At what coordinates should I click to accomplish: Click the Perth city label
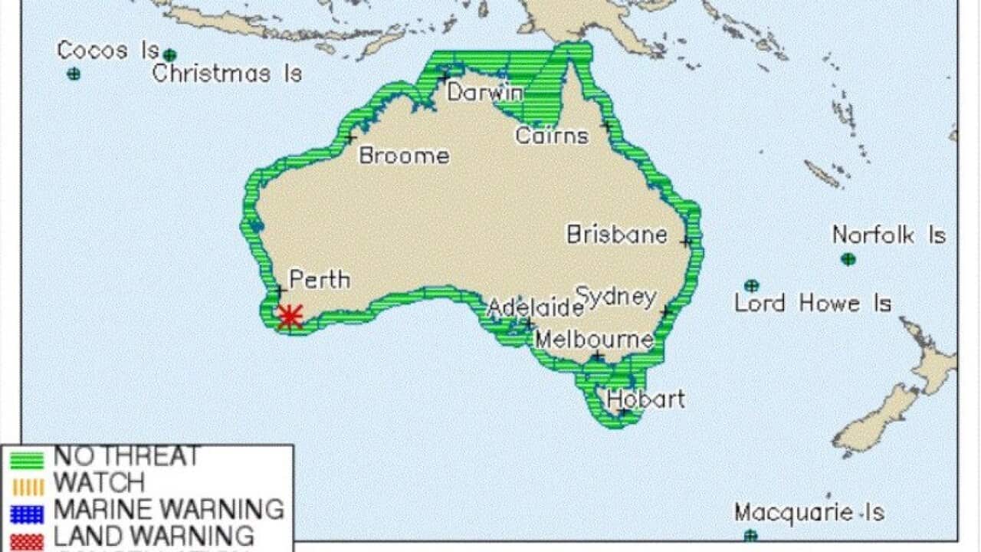(x=320, y=280)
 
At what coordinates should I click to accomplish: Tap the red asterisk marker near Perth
(x=290, y=316)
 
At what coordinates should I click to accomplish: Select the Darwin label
(x=485, y=93)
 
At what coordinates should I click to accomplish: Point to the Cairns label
(x=552, y=136)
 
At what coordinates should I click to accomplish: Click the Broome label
(x=404, y=156)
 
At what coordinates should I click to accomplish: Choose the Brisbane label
(x=617, y=234)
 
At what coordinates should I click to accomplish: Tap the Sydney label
(x=616, y=296)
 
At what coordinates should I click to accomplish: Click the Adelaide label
(x=536, y=308)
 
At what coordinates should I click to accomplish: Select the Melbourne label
(x=594, y=339)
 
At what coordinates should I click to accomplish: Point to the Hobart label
(x=646, y=399)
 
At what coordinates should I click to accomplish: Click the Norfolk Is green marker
(x=848, y=259)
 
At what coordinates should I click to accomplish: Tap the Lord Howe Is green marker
(x=752, y=285)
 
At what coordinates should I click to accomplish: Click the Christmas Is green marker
(x=169, y=55)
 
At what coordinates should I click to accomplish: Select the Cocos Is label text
(x=108, y=51)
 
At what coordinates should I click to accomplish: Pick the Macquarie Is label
(x=809, y=512)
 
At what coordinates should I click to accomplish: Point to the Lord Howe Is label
(x=812, y=304)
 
